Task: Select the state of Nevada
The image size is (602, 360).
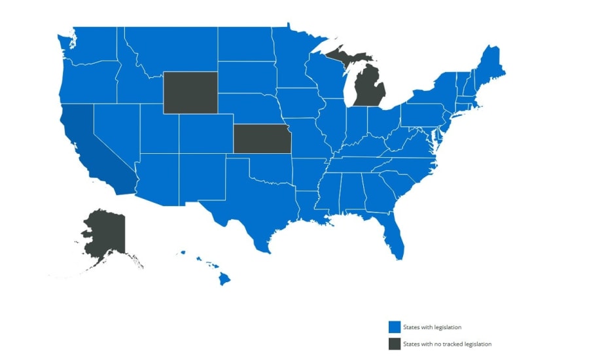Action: (x=115, y=131)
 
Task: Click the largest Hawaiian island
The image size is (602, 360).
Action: (x=224, y=279)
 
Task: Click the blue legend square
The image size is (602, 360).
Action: (x=394, y=327)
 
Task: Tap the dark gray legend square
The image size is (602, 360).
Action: (x=394, y=344)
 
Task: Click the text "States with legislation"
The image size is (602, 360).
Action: (x=433, y=327)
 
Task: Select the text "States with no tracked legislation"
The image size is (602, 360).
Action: (x=447, y=344)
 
